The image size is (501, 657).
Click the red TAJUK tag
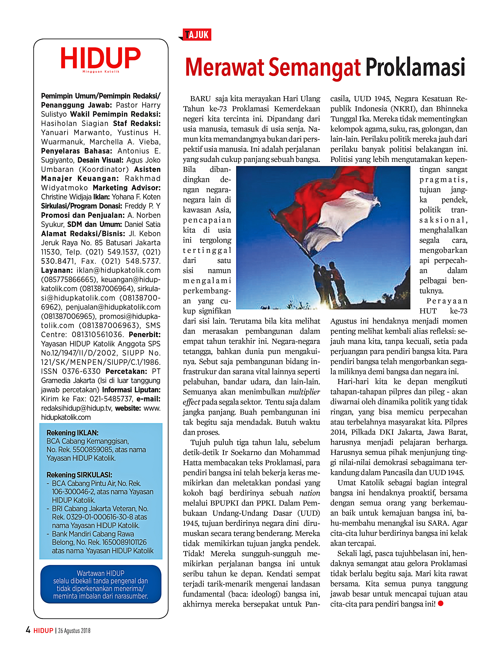[x=197, y=35]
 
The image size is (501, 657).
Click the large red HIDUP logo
[x=100, y=58]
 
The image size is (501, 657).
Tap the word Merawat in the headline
[x=225, y=68]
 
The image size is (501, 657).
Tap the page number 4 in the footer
[x=28, y=630]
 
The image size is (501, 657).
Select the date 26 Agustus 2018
[x=74, y=631]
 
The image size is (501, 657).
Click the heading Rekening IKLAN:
[x=73, y=433]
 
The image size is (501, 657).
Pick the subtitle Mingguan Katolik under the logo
[x=101, y=72]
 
